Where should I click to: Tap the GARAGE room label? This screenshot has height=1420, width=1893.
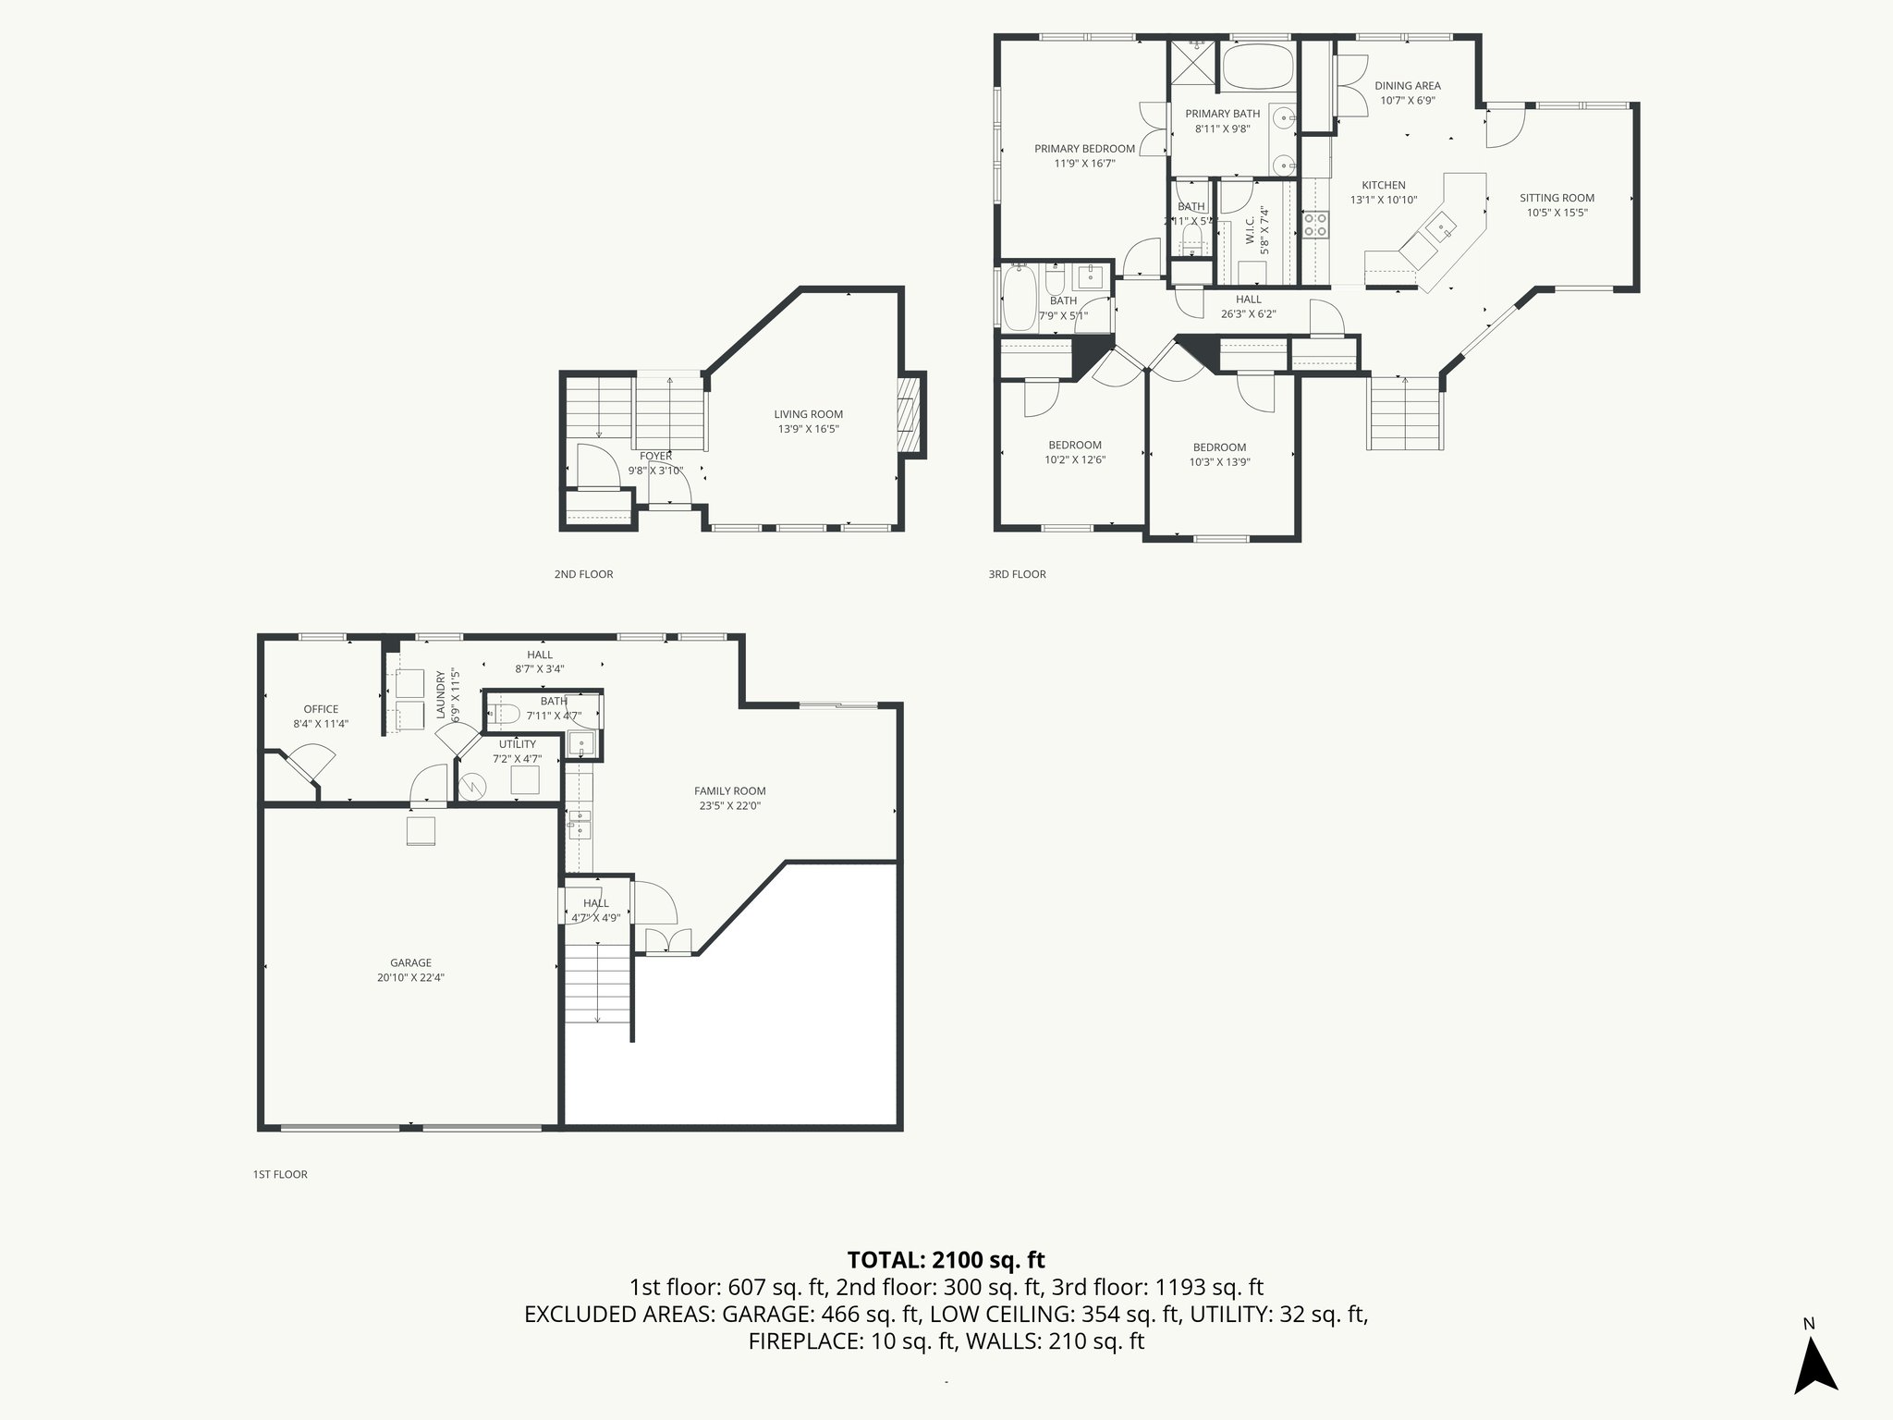click(410, 962)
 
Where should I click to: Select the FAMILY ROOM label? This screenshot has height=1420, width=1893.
click(729, 790)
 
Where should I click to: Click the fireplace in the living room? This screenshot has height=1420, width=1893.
click(911, 415)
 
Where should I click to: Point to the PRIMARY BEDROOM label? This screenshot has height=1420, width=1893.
click(1084, 149)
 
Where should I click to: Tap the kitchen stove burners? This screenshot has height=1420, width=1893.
click(1316, 225)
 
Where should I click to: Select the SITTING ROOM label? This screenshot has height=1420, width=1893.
click(1557, 198)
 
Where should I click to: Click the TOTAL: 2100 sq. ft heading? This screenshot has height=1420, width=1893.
click(946, 1259)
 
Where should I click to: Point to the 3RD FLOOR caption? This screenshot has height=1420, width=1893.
click(1017, 574)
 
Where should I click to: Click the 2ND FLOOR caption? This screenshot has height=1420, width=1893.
click(583, 574)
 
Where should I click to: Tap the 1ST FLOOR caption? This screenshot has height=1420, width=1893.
click(279, 1174)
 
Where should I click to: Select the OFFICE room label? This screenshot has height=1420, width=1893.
click(321, 709)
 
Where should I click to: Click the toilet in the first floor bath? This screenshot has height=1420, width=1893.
click(502, 713)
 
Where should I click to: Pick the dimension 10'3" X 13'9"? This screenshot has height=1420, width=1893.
click(1219, 462)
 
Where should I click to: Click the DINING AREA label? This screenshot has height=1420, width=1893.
click(1407, 86)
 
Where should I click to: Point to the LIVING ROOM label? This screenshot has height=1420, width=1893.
click(808, 414)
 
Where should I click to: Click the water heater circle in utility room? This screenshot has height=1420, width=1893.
click(472, 787)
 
